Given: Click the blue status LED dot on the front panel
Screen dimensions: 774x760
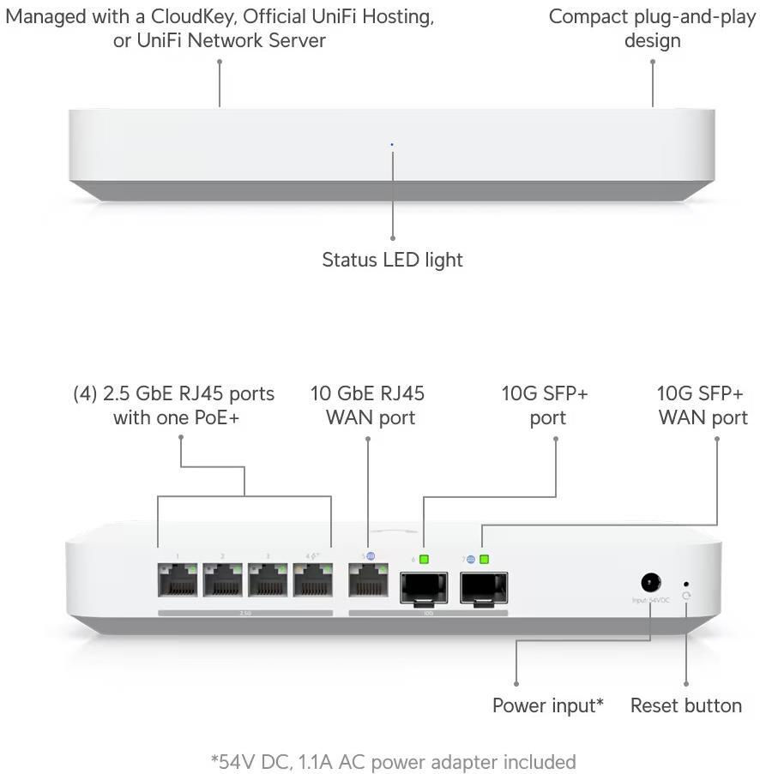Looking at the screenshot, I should [392, 144].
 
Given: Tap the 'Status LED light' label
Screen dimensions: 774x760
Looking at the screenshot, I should [392, 259].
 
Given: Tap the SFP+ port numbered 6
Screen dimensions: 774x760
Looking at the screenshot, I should [424, 587].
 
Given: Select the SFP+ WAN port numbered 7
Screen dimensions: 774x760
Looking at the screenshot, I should [483, 587].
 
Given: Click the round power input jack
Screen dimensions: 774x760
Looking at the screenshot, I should [650, 582].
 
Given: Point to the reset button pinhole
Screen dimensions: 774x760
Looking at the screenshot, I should [685, 583].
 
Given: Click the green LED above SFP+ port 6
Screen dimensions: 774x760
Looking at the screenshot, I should [424, 560].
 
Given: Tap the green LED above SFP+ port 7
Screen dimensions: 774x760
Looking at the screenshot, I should [484, 560].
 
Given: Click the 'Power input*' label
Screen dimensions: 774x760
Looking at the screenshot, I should [547, 705].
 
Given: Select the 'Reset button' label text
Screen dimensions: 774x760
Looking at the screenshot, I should [685, 705].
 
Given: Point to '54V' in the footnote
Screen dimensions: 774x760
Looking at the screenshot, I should [240, 761].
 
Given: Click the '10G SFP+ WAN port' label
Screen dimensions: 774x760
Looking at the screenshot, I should [702, 405].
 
